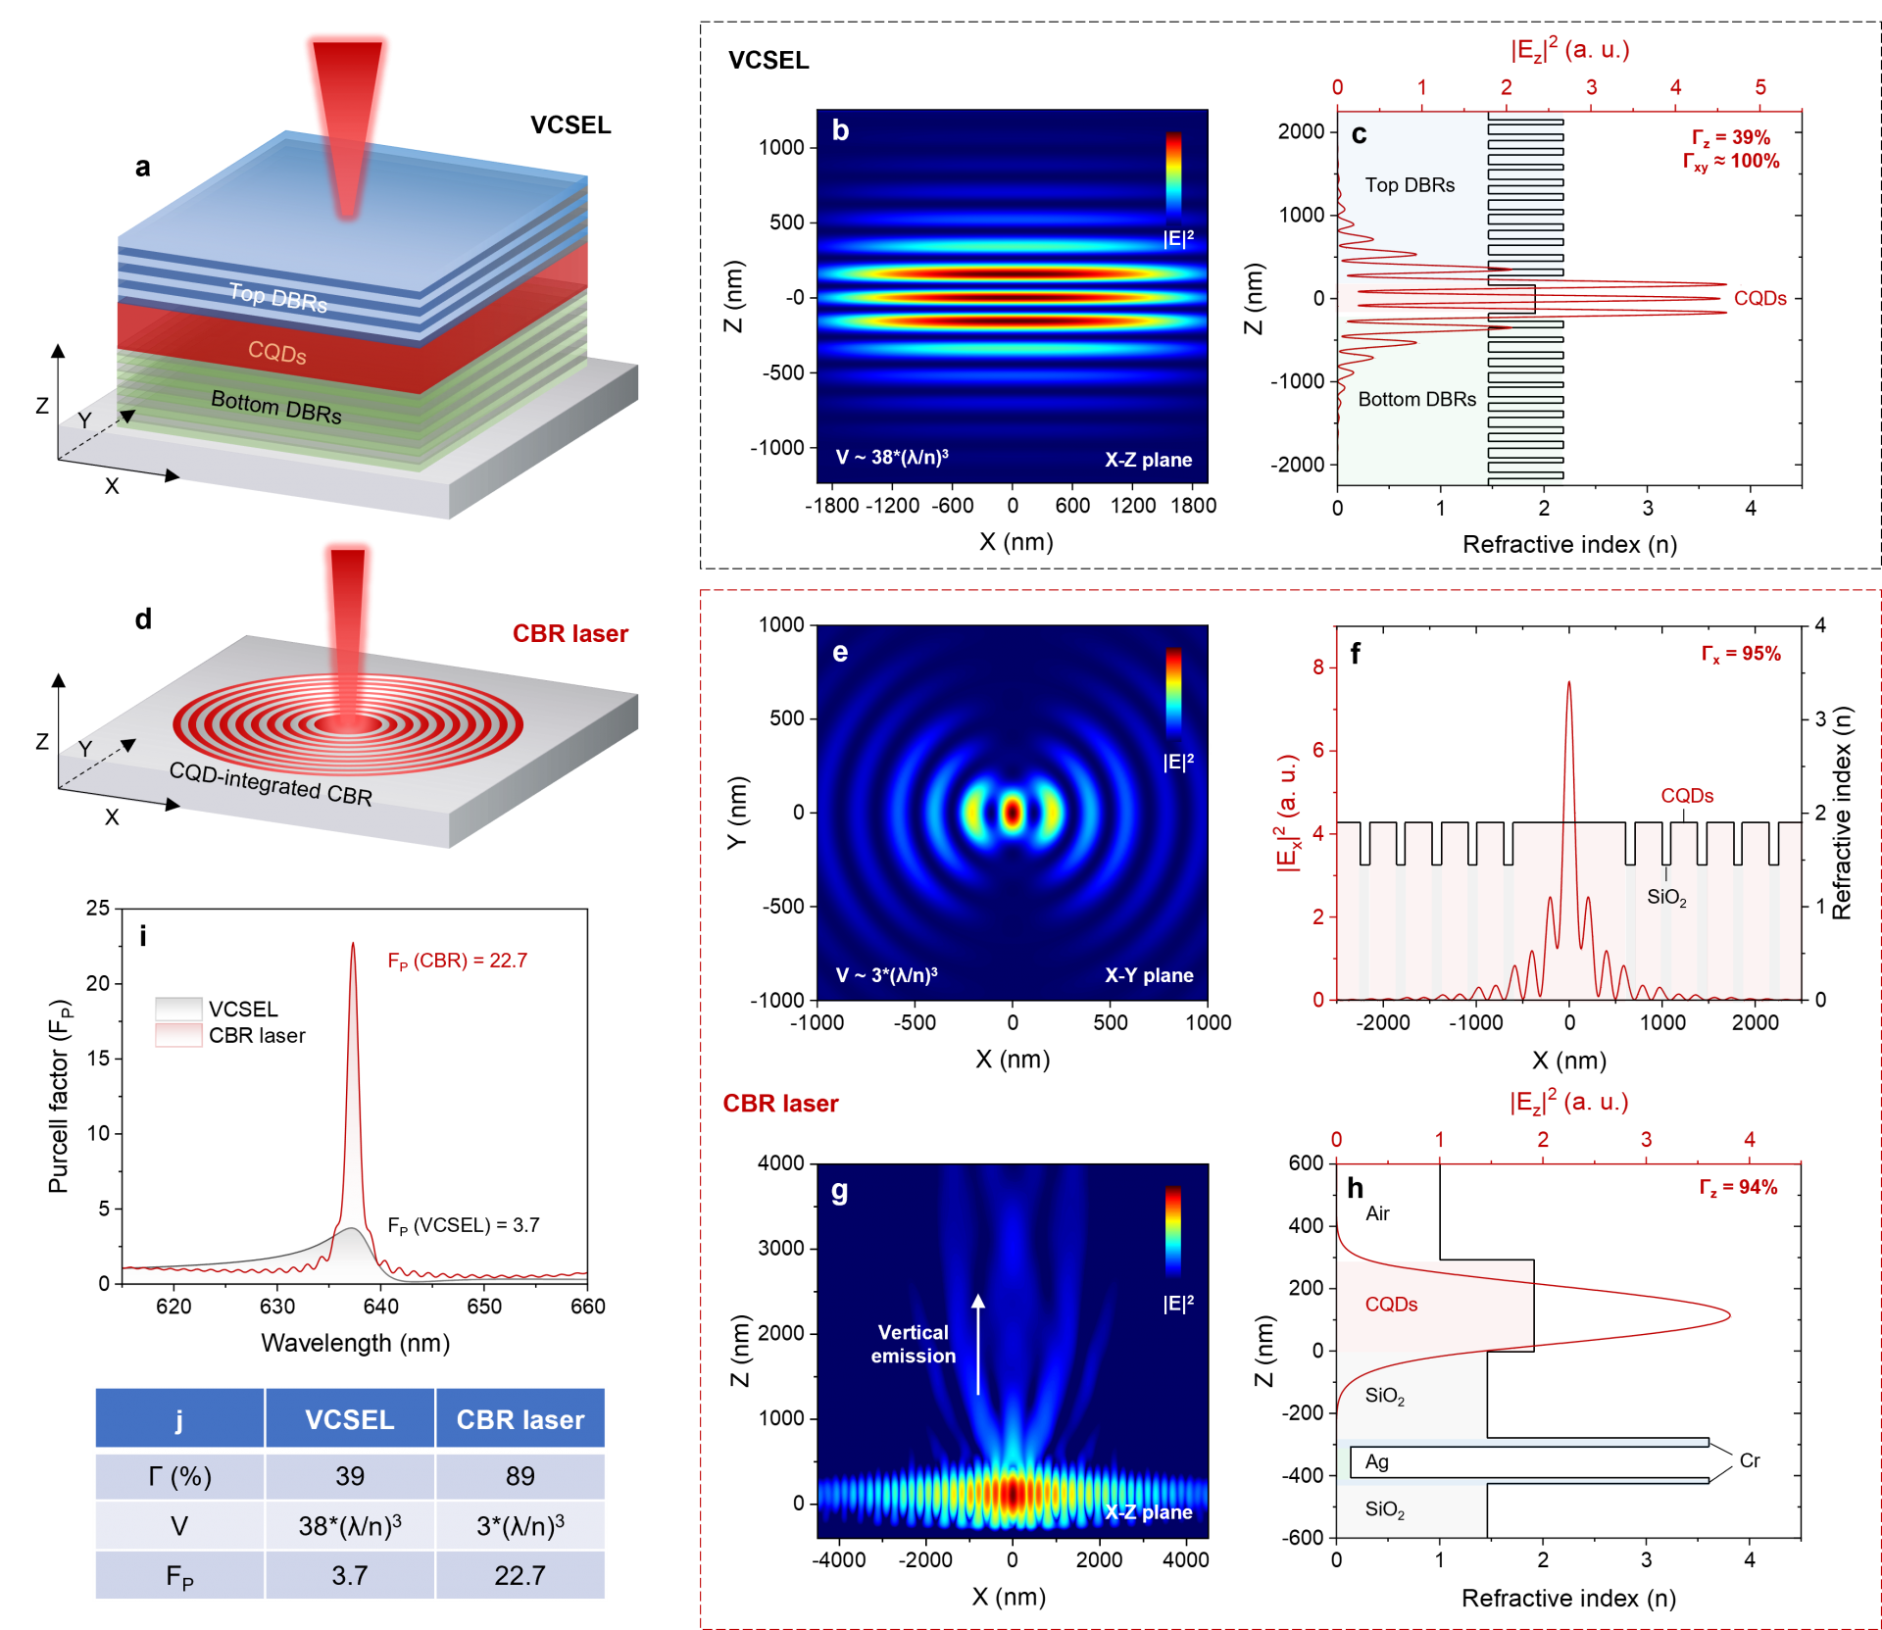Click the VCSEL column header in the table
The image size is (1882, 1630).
click(x=350, y=1419)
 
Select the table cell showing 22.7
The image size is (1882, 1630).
click(x=520, y=1575)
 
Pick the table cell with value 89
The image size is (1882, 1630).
click(x=520, y=1476)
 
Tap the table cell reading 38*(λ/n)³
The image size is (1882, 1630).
click(x=350, y=1526)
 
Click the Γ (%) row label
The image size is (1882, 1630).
click(x=179, y=1476)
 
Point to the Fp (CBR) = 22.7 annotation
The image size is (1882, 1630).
click(x=457, y=961)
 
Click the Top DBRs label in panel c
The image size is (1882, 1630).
click(x=1410, y=185)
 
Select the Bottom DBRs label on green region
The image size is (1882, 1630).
click(x=1416, y=400)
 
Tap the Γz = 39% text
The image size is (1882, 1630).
click(x=1731, y=137)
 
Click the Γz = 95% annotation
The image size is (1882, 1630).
click(x=1741, y=654)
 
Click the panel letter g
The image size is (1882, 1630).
click(x=840, y=1192)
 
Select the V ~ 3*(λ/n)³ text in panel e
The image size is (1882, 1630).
click(x=886, y=975)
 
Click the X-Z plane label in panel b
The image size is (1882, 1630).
click(x=1148, y=460)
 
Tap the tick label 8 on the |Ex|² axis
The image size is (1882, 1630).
click(x=1318, y=667)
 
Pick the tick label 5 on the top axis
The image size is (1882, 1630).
click(x=1760, y=88)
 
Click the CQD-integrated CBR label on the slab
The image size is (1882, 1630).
click(x=271, y=784)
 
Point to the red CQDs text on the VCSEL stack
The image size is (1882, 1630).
click(x=277, y=352)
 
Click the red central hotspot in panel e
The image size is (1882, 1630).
click(x=1012, y=813)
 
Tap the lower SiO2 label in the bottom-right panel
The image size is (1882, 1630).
click(x=1384, y=1509)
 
